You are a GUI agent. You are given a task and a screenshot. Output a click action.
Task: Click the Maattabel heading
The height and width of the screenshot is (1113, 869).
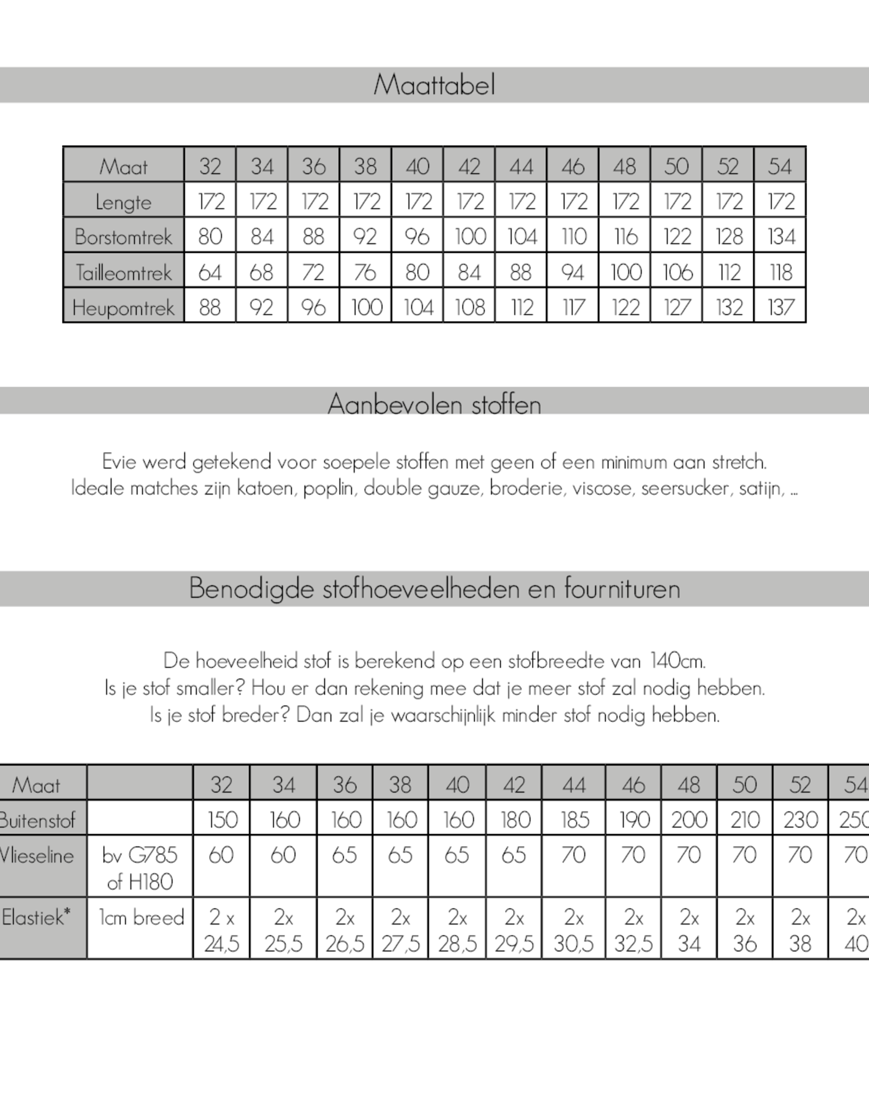click(x=434, y=85)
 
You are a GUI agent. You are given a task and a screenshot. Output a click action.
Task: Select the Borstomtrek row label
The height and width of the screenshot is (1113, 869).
click(x=123, y=236)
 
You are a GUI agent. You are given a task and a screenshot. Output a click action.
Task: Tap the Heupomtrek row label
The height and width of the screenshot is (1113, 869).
click(x=123, y=308)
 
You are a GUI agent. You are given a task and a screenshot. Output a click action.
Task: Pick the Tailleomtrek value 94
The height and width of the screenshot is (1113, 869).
click(x=572, y=272)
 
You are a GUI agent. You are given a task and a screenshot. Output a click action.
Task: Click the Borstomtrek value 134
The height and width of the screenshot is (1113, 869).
click(x=780, y=236)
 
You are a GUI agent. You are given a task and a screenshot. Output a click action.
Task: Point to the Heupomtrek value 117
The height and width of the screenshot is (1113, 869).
click(x=572, y=308)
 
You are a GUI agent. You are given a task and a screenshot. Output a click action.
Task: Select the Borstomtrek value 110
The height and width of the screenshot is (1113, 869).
click(x=572, y=236)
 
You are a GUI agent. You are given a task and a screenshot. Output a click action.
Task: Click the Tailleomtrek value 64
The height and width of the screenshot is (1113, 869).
click(x=210, y=272)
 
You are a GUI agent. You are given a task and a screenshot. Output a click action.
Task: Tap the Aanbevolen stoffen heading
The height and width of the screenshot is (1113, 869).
click(x=434, y=404)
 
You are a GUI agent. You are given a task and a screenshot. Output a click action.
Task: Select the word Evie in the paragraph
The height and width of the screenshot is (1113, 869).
click(x=118, y=462)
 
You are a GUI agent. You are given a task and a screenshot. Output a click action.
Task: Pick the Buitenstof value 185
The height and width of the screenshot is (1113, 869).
click(x=574, y=820)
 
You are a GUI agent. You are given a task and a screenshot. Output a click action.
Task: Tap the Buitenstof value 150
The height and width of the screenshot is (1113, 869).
click(x=222, y=820)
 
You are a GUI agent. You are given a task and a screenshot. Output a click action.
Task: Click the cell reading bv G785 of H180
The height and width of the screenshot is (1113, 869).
click(x=140, y=868)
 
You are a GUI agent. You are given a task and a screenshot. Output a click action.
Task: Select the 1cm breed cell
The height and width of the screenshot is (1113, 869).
click(x=141, y=917)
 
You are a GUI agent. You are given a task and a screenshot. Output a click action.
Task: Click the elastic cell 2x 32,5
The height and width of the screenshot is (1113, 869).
click(x=633, y=930)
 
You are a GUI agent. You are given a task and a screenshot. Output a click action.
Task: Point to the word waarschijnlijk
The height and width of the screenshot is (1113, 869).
click(x=443, y=715)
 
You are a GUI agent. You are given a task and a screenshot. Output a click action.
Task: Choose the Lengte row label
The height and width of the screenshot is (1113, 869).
click(x=123, y=202)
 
